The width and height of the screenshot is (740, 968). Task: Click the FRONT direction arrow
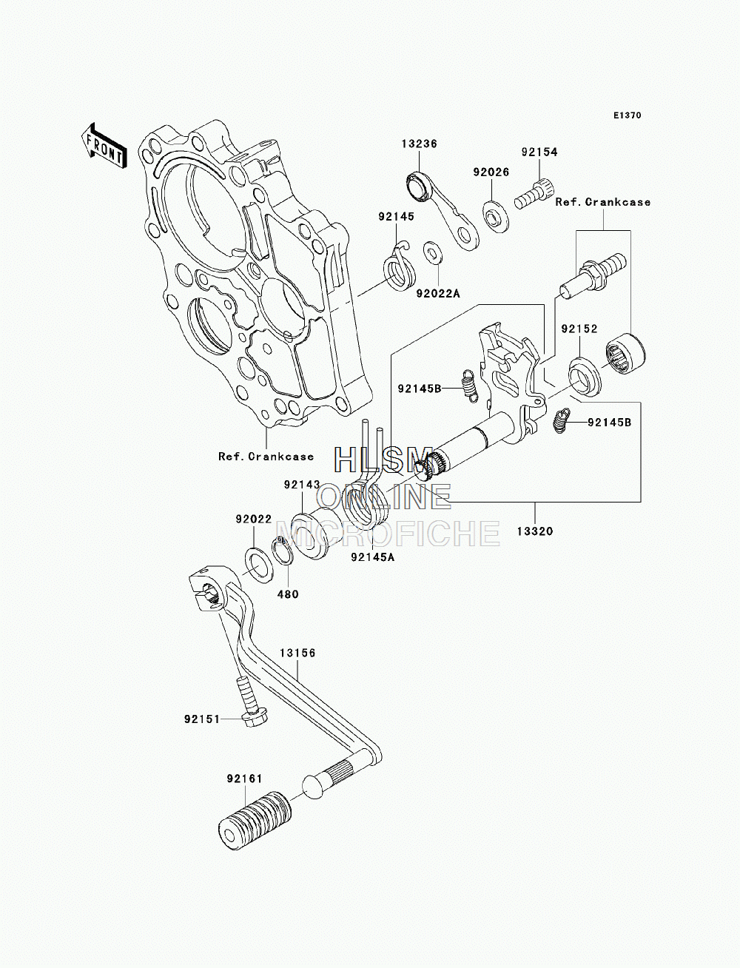pyautogui.click(x=103, y=146)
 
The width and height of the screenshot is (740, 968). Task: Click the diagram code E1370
pyautogui.click(x=627, y=115)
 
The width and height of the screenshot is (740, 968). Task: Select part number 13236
pyautogui.click(x=419, y=144)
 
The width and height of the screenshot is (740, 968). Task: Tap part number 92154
pyautogui.click(x=539, y=152)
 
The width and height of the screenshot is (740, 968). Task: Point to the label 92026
pyautogui.click(x=491, y=172)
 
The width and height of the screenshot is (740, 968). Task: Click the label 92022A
pyautogui.click(x=438, y=293)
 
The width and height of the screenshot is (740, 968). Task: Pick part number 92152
pyautogui.click(x=579, y=329)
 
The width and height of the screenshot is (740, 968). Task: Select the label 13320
pyautogui.click(x=534, y=531)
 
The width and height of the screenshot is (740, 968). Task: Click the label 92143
pyautogui.click(x=302, y=485)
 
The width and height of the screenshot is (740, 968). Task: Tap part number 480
pyautogui.click(x=288, y=594)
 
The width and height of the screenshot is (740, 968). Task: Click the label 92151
pyautogui.click(x=202, y=719)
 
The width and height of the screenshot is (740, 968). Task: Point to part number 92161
pyautogui.click(x=245, y=779)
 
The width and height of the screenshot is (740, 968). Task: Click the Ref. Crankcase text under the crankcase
pyautogui.click(x=266, y=457)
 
